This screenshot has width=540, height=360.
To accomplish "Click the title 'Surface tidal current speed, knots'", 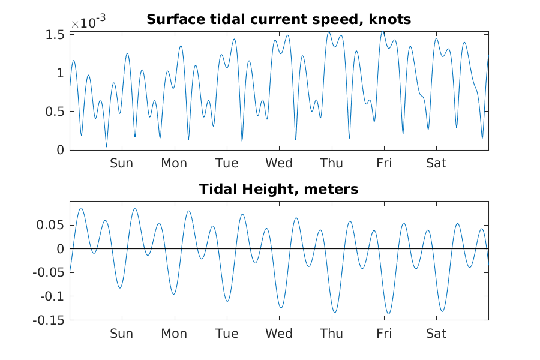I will point(278,20).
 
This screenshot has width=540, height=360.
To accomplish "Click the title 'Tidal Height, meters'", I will point(278,190).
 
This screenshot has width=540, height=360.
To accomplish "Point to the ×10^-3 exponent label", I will point(88,23).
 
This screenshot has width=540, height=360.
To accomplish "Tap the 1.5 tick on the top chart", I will point(56,35).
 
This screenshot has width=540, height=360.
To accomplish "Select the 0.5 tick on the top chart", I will point(56,112).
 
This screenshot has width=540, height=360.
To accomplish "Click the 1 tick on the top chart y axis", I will point(60,73).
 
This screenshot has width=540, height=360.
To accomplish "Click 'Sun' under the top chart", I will point(121,163).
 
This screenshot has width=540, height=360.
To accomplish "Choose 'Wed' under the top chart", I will point(279,163).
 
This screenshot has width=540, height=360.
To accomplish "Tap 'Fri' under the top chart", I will point(384,163).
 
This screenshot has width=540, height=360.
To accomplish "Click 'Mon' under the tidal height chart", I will point(174,334).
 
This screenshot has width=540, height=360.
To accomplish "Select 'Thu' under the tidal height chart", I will point(331,334).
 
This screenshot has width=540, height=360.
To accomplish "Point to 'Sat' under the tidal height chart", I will point(436,334).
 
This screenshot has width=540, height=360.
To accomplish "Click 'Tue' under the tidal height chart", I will point(226,334).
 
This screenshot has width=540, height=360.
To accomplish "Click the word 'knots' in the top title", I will point(390,20).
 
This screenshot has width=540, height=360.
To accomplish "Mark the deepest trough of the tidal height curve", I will point(388,314).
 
